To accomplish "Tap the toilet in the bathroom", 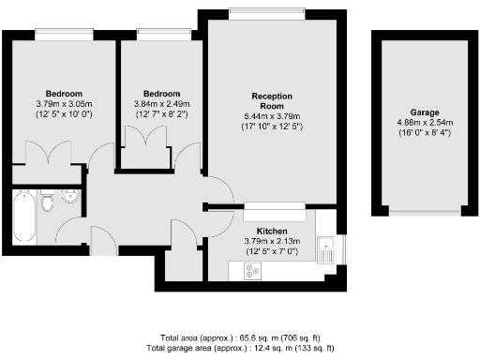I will click(x=49, y=200).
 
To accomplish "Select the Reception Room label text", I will click(x=273, y=101).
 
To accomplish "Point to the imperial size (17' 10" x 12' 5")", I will click(x=273, y=127).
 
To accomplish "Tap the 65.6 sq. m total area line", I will click(x=241, y=337).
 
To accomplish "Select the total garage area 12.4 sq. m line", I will click(x=241, y=348).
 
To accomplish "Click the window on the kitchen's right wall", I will click(x=343, y=247).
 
